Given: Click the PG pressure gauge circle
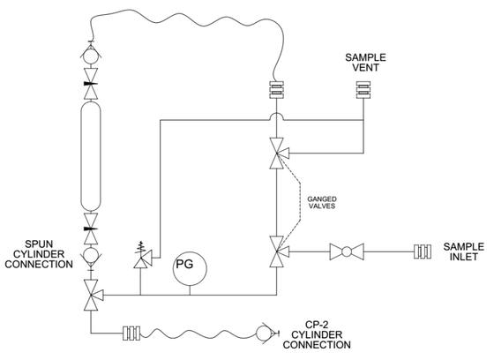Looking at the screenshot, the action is click(x=190, y=268).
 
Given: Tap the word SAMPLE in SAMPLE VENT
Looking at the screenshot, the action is click(x=365, y=57).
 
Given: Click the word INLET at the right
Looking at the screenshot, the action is click(x=463, y=257).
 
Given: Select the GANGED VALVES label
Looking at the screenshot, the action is click(x=322, y=203).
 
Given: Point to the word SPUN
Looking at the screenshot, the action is click(x=39, y=244).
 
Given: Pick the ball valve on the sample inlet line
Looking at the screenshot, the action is click(x=347, y=251).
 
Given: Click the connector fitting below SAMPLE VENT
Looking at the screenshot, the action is click(x=363, y=90).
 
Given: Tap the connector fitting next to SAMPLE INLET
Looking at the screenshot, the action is click(x=423, y=251).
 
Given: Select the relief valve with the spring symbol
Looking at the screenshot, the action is click(x=142, y=255).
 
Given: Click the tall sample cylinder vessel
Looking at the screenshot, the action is click(x=91, y=155).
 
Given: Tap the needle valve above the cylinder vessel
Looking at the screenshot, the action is click(x=91, y=84).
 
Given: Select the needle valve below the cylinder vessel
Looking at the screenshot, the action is click(x=91, y=229).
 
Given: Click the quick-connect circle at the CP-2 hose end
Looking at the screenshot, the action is click(x=264, y=333).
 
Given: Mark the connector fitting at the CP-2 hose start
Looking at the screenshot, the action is click(x=131, y=333).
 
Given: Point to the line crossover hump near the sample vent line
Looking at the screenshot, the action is click(x=277, y=116).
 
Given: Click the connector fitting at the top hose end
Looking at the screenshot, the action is click(x=276, y=90).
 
